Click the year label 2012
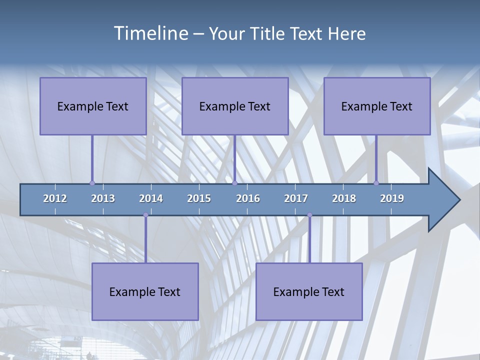(x=55, y=198)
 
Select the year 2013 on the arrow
(x=103, y=198)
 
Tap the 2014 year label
(x=151, y=198)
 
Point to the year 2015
(x=199, y=198)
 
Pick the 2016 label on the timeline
(x=248, y=198)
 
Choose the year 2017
(x=296, y=198)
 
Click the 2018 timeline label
(x=344, y=198)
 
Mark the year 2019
(x=392, y=198)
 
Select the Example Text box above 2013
(x=93, y=106)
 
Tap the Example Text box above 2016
(x=235, y=106)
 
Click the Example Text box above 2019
(x=377, y=106)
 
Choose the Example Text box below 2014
(x=145, y=291)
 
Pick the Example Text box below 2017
(x=309, y=291)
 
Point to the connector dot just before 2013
(x=92, y=183)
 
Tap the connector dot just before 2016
(x=234, y=183)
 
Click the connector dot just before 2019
(x=376, y=183)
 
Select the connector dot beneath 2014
(x=145, y=215)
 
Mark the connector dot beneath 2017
(x=309, y=215)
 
